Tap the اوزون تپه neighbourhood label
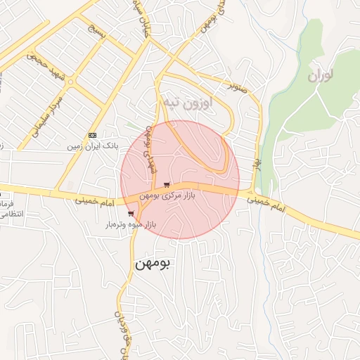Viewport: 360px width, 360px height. pos(186,103)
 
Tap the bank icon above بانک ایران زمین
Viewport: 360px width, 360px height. pos(93,134)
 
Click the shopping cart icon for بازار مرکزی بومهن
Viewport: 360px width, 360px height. pos(166,185)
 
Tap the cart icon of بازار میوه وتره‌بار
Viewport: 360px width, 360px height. pos(131,214)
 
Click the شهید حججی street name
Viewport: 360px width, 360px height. pos(46,60)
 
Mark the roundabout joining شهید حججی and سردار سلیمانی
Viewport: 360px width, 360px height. pos(70,82)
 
